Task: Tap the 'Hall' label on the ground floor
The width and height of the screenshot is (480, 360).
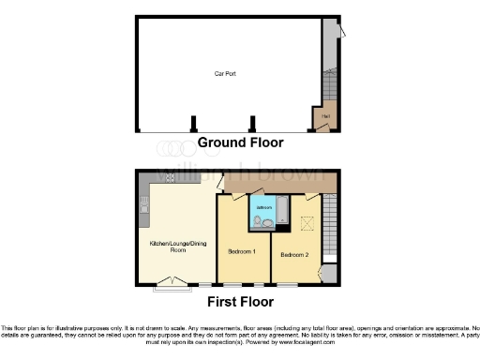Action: click(x=325, y=116)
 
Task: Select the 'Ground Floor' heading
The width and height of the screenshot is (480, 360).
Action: click(x=240, y=143)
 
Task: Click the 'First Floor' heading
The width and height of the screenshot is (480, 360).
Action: click(x=240, y=302)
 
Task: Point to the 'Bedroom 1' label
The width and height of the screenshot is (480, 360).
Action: click(x=243, y=251)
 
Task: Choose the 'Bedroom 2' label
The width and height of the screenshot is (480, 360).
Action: click(x=294, y=254)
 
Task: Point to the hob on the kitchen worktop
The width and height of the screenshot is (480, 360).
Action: click(x=171, y=177)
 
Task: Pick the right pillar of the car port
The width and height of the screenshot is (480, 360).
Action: click(x=251, y=123)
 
